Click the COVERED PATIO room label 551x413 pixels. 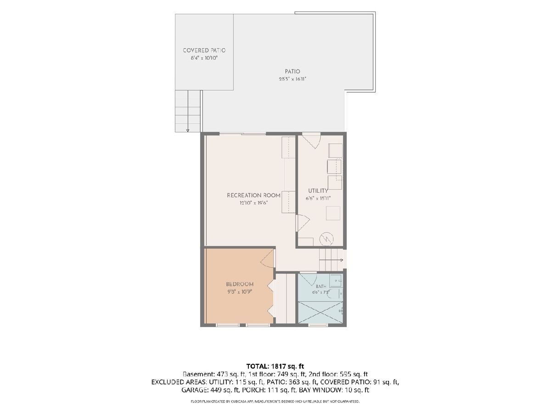(204, 50)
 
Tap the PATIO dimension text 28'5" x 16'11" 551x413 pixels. (292, 79)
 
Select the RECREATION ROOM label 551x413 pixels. (253, 195)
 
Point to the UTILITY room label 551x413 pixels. (318, 191)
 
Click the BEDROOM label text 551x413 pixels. (240, 284)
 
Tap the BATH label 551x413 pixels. (321, 286)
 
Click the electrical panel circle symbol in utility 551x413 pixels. (326, 239)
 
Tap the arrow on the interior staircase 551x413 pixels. (332, 260)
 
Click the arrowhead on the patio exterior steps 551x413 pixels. (187, 130)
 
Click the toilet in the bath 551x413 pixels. (334, 293)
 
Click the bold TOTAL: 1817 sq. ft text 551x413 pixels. (275, 366)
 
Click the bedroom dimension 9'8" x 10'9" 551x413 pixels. (240, 292)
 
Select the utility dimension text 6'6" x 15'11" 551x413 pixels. (318, 198)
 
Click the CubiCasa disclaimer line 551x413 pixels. (275, 402)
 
